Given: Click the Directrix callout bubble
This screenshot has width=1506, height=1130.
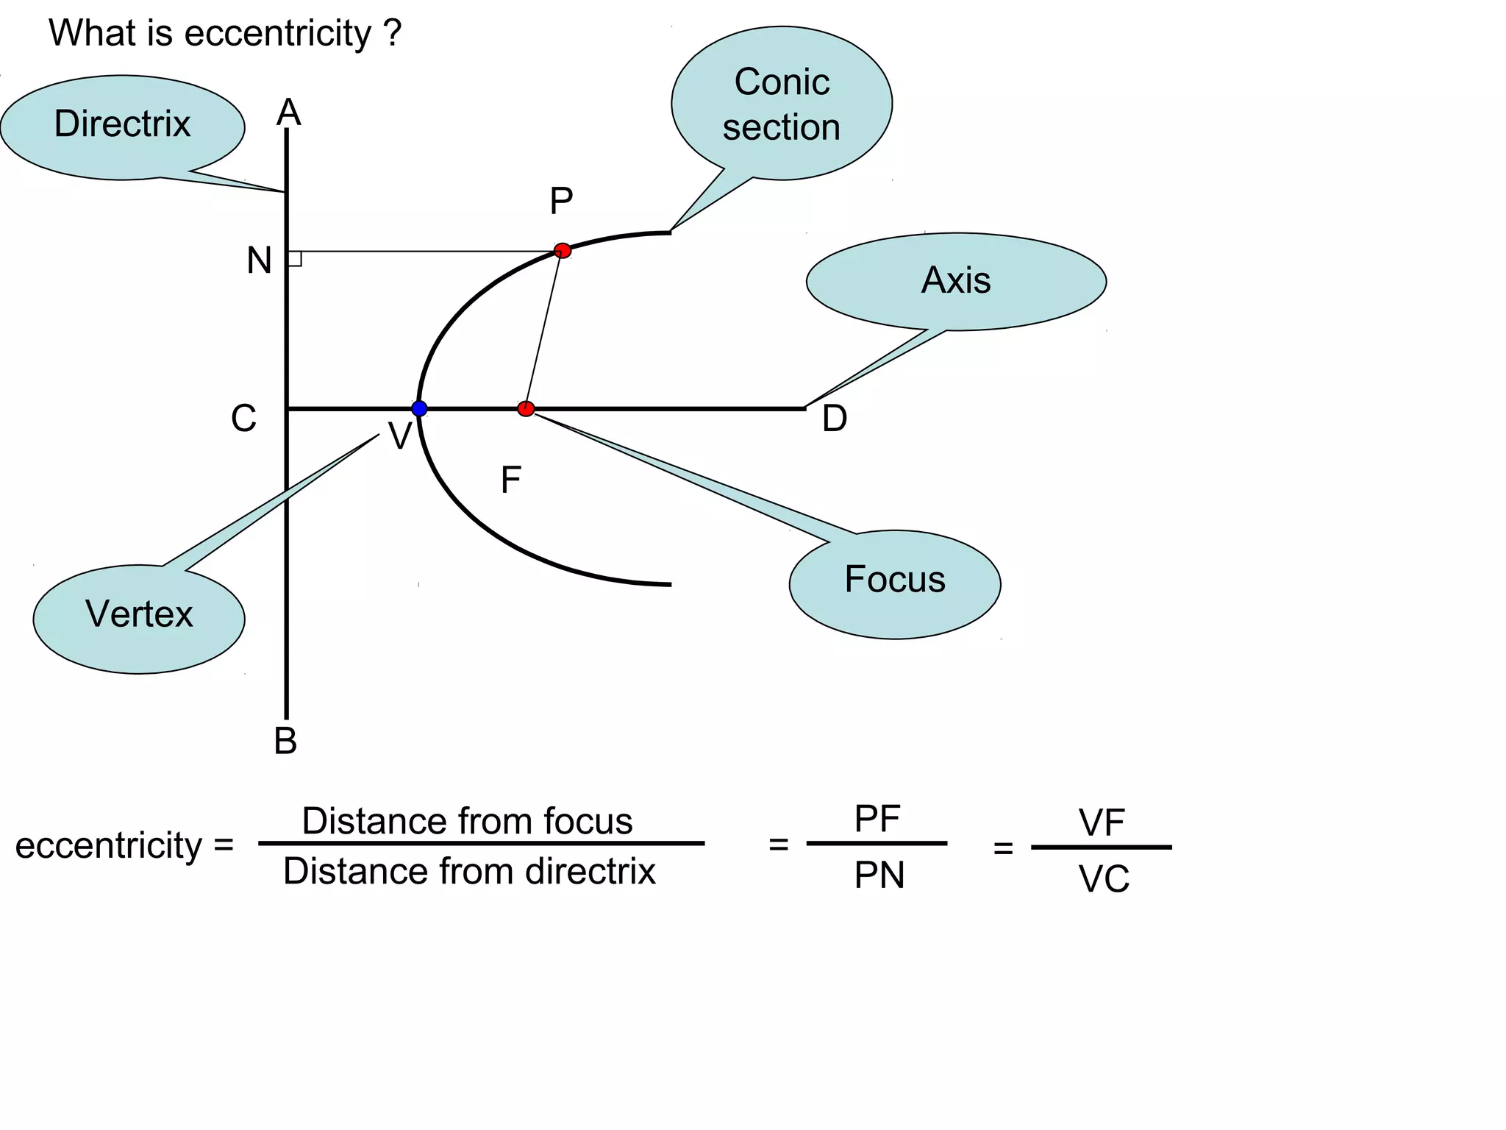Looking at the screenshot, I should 122,125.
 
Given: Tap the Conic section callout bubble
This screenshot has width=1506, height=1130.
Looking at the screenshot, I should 782,104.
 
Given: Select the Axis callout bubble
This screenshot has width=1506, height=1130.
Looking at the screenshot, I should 956,281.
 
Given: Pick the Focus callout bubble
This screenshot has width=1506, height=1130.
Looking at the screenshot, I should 895,583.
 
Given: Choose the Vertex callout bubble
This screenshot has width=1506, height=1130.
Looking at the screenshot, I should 139,616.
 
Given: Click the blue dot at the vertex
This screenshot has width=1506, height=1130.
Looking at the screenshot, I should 419,408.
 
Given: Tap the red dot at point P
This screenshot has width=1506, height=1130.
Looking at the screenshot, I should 563,250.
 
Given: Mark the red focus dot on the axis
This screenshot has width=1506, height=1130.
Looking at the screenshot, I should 526,408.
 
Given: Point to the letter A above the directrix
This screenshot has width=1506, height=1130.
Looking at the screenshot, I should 289,113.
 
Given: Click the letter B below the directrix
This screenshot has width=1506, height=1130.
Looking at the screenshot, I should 286,741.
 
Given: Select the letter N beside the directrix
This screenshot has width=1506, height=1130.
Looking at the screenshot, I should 259,260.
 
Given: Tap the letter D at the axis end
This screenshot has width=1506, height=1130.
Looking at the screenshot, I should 835,419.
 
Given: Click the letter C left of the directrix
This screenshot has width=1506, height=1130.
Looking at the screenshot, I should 243,419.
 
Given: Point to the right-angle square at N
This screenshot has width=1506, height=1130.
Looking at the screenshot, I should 295,258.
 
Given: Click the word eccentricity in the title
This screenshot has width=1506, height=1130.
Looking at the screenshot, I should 278,34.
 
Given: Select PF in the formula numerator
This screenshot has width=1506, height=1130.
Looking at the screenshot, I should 877,819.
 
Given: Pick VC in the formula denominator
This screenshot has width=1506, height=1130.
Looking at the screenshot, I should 1104,879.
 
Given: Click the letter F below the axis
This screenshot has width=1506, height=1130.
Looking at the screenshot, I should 510,480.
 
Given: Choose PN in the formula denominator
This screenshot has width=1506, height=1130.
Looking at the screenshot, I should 879,875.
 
